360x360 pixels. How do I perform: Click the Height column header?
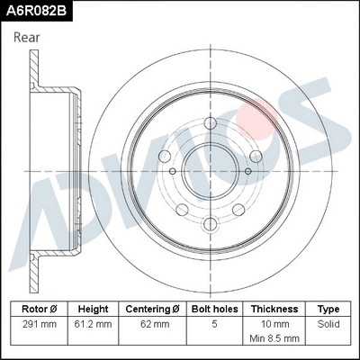point(94,308)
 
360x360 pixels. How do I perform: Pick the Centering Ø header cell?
point(153,308)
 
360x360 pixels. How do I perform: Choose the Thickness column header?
point(274,308)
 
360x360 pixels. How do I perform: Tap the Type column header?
point(328,308)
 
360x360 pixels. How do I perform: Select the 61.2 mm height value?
point(94,322)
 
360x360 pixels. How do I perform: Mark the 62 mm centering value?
point(153,322)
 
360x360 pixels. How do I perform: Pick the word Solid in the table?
point(328,322)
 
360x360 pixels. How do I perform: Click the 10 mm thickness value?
point(274,322)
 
